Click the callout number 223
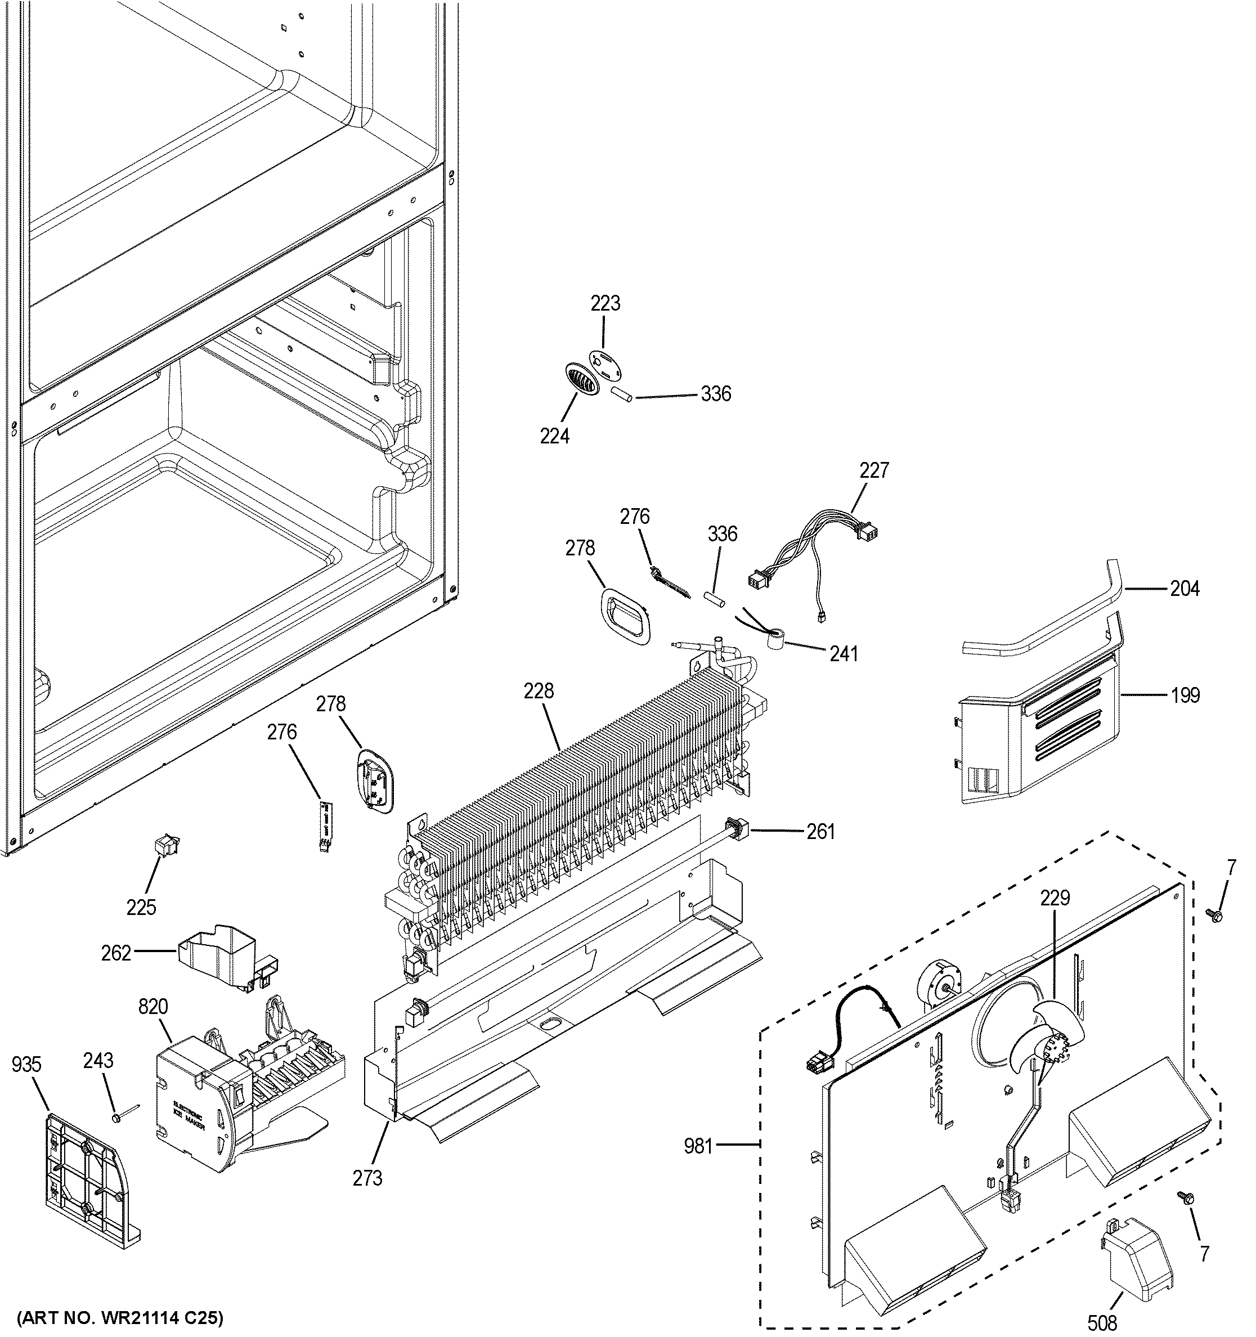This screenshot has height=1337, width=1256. point(605,304)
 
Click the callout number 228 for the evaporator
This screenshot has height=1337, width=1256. point(539,690)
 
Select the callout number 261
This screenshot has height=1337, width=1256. point(821,832)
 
